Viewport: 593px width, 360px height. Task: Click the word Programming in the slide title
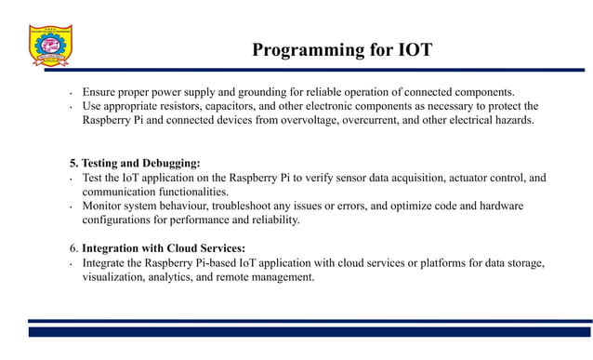pyautogui.click(x=299, y=50)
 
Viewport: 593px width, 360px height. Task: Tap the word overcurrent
pyautogui.click(x=383, y=120)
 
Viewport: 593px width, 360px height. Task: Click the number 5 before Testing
pyautogui.click(x=73, y=163)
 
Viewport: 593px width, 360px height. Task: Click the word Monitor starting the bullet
pyautogui.click(x=102, y=206)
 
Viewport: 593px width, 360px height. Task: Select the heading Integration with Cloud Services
pyautogui.click(x=164, y=248)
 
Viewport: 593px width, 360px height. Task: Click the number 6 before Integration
pyautogui.click(x=73, y=248)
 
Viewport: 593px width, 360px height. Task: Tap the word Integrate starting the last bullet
pyautogui.click(x=105, y=262)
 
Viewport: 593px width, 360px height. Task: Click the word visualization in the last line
pyautogui.click(x=113, y=276)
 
